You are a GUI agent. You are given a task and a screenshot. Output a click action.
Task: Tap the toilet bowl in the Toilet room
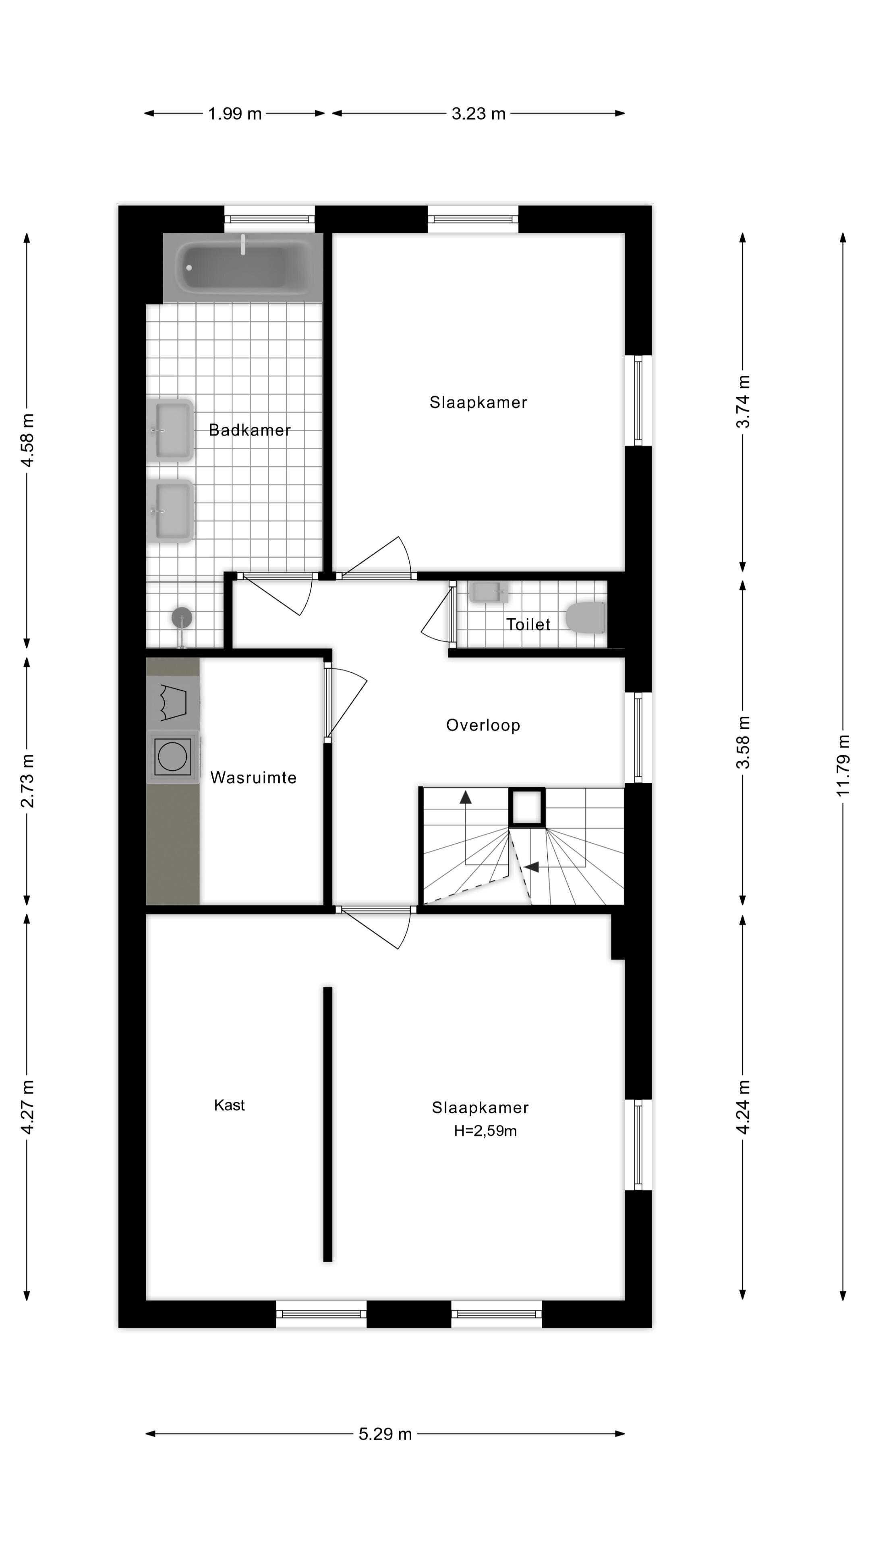(585, 617)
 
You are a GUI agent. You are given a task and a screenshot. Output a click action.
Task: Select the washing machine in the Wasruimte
(173, 756)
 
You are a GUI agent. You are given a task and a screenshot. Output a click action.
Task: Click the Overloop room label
(483, 726)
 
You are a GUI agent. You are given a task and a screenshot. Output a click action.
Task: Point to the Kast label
(229, 1105)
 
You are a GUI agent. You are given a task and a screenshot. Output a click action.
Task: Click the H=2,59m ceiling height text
(485, 1131)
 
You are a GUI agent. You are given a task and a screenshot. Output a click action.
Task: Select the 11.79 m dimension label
(843, 766)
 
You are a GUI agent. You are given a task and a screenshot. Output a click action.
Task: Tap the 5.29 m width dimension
(385, 1434)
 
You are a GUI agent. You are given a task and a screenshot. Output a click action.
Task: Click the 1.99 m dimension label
(235, 114)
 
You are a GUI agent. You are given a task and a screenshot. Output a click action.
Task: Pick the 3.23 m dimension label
(478, 114)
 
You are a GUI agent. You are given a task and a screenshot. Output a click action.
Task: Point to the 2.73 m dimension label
(27, 781)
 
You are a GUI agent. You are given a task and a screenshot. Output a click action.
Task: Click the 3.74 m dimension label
(743, 402)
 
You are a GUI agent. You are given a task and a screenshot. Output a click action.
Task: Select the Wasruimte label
(253, 778)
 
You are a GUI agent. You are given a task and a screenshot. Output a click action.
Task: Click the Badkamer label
(250, 430)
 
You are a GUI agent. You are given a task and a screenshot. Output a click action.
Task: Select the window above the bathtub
(269, 219)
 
